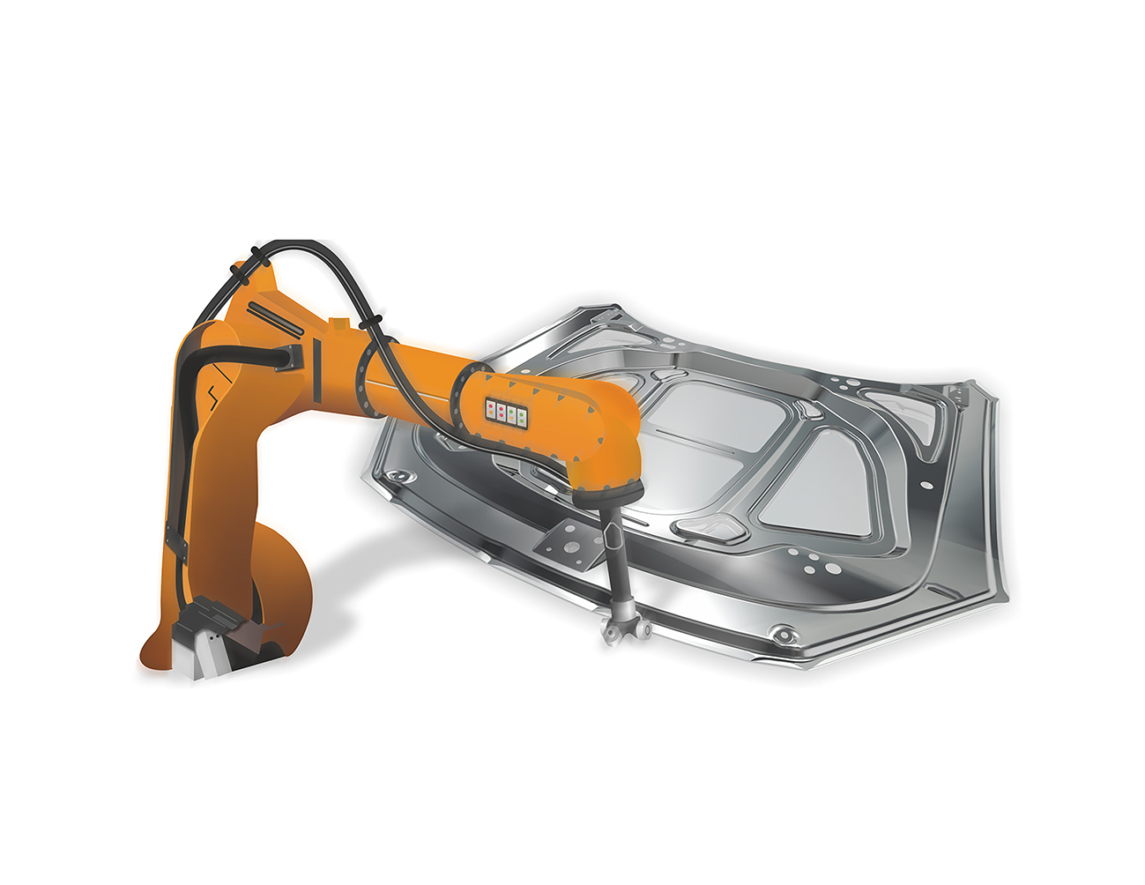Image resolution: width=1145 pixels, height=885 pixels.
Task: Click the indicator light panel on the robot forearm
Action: pos(506,412)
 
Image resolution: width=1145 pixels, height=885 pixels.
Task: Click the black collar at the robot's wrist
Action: pos(608,495)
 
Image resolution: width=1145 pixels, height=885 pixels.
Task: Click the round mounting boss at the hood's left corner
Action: pos(401,477)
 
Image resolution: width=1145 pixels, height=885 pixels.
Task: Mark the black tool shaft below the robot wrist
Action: pos(616,555)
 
